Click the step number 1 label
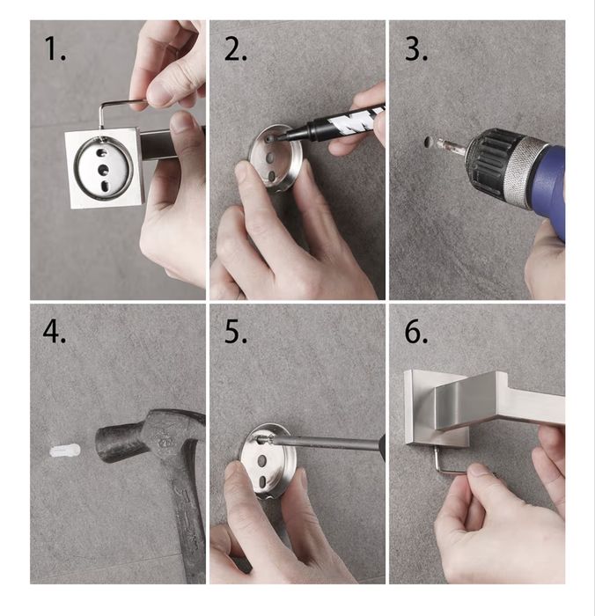pos(55,48)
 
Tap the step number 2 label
pos(235,48)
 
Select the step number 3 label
pos(416,48)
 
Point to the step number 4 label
pos(55,332)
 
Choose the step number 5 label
pos(235,332)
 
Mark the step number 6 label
pos(416,332)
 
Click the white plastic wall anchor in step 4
pos(65,451)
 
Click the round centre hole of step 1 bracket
pos(103,170)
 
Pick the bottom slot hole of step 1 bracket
pos(106,186)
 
